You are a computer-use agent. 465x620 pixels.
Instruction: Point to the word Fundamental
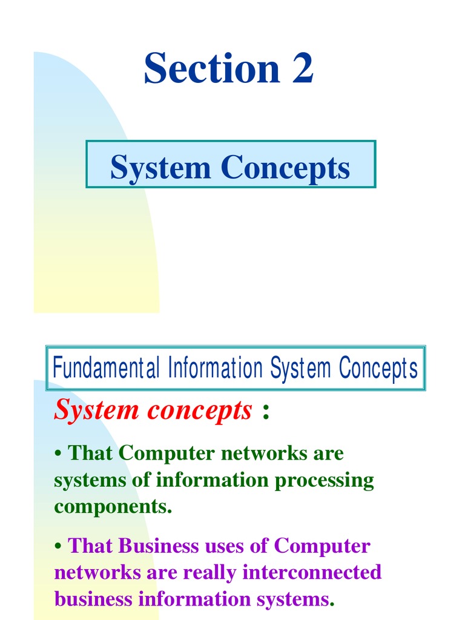106,368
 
